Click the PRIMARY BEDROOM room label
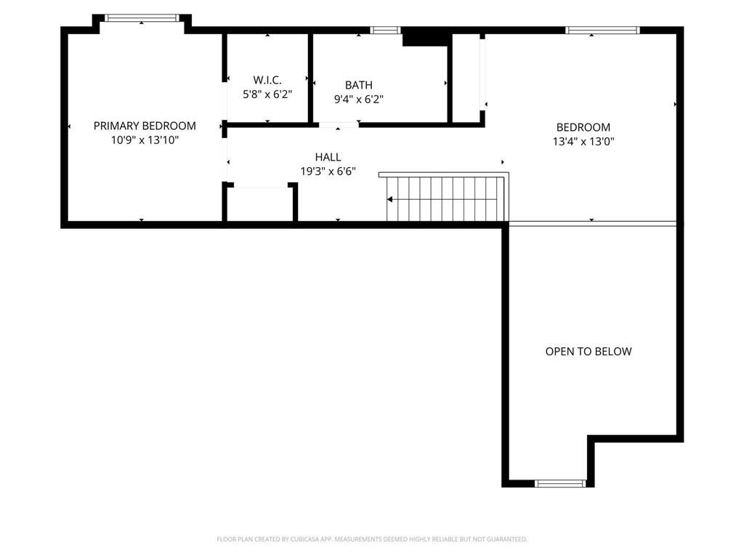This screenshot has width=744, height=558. [145, 126]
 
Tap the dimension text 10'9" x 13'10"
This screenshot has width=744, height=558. [145, 140]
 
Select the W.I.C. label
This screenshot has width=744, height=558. [267, 79]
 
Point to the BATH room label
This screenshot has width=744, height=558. [358, 85]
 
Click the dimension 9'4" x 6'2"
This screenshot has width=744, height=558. [358, 100]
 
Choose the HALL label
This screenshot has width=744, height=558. [328, 157]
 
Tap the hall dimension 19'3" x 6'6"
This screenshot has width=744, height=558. [328, 171]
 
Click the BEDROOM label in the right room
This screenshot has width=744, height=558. [583, 127]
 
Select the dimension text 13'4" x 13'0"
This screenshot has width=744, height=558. [583, 142]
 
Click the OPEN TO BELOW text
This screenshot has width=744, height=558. [589, 352]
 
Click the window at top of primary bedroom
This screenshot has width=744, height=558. [142, 18]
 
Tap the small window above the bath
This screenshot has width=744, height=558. [385, 31]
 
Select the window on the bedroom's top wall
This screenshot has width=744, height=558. [602, 31]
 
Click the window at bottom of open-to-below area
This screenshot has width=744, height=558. [560, 483]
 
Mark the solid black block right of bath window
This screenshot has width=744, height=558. [425, 37]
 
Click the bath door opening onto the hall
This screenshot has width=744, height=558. [339, 125]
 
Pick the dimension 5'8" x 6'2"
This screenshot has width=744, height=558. [267, 94]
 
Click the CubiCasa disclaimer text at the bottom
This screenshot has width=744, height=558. [372, 539]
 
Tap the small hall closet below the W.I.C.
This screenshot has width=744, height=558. [260, 205]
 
